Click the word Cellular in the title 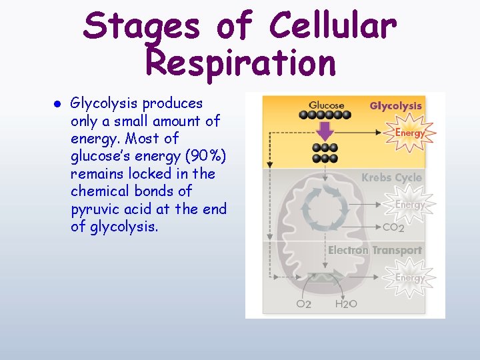click(x=333, y=27)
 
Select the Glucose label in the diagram click(x=327, y=105)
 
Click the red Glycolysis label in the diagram click(x=395, y=105)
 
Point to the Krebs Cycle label click(x=391, y=177)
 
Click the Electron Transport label click(x=375, y=250)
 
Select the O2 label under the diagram click(x=303, y=304)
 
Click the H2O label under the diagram click(x=346, y=304)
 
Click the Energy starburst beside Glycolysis click(x=410, y=133)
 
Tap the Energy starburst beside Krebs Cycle click(x=410, y=205)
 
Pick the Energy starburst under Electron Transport click(x=410, y=277)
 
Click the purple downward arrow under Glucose click(x=325, y=129)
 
